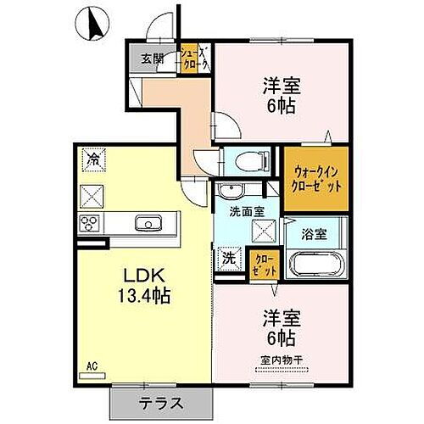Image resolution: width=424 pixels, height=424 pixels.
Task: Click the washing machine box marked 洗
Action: point(228,257)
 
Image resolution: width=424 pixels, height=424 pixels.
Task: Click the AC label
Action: point(91,366)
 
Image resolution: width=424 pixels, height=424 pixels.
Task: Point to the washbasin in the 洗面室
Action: point(230,190)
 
